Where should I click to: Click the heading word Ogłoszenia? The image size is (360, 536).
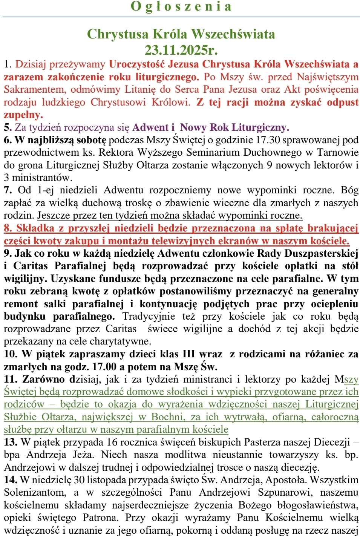click(181, 7)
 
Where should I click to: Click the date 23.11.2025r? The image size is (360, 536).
click(181, 50)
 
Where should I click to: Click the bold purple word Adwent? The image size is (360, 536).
click(150, 127)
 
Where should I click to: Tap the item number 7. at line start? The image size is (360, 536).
click(8, 190)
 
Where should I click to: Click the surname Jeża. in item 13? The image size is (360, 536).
click(84, 455)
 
